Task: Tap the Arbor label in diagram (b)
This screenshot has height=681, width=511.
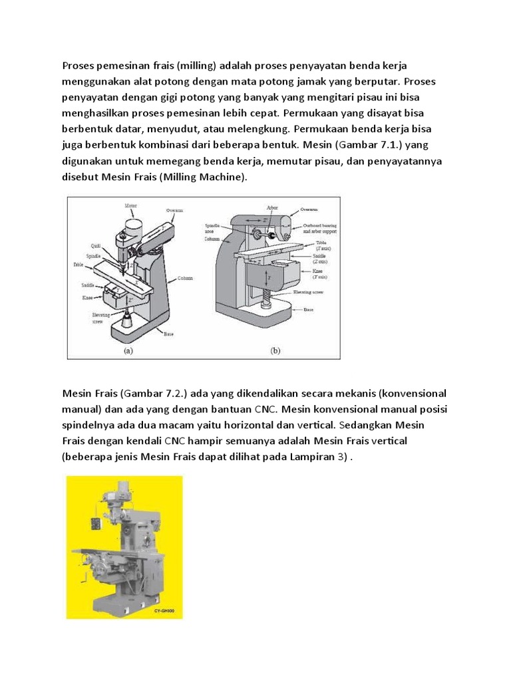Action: [x=271, y=207]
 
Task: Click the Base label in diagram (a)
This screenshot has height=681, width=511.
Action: [x=169, y=334]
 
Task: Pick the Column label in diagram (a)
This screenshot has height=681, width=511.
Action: [x=185, y=278]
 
